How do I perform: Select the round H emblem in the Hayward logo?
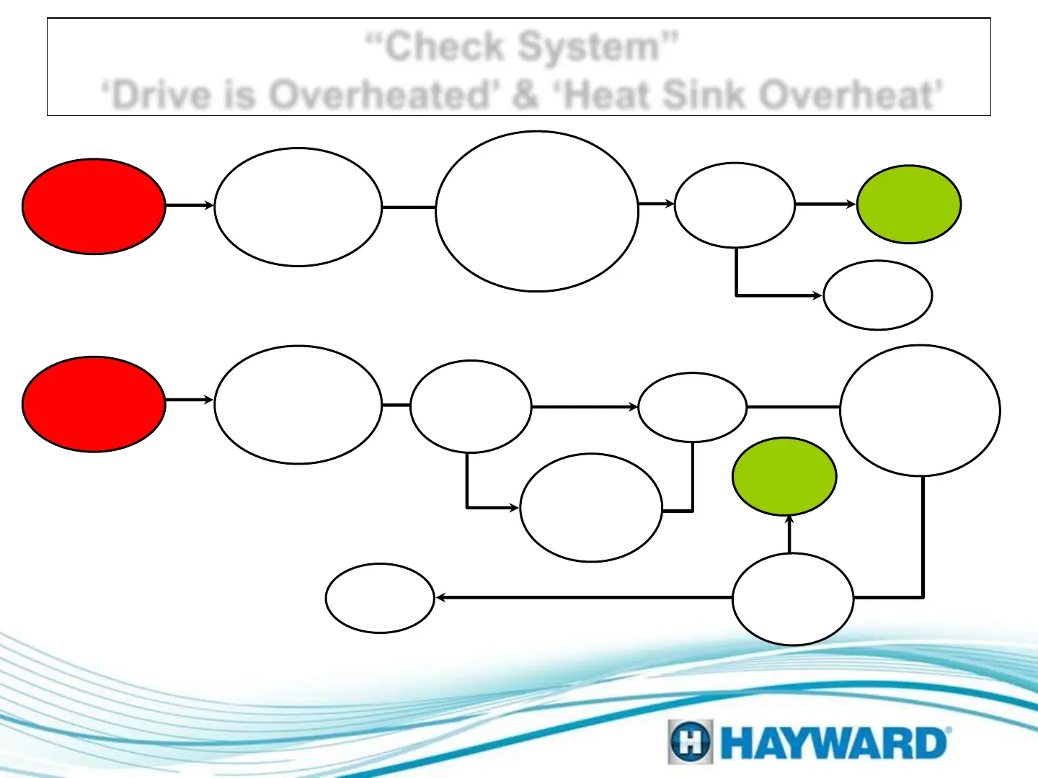[x=690, y=742]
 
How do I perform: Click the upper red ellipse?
[x=94, y=206]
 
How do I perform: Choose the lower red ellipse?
[x=94, y=404]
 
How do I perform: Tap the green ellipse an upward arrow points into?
[x=784, y=476]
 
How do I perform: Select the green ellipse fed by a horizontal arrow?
[x=908, y=205]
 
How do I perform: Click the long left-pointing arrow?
[x=584, y=598]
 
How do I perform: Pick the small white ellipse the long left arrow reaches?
[x=380, y=598]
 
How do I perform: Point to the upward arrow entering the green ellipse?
[x=789, y=534]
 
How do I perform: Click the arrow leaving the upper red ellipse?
[x=190, y=205]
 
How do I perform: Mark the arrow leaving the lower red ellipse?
[x=190, y=400]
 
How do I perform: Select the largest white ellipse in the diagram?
[x=537, y=211]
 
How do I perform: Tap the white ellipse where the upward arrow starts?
[x=793, y=599]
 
